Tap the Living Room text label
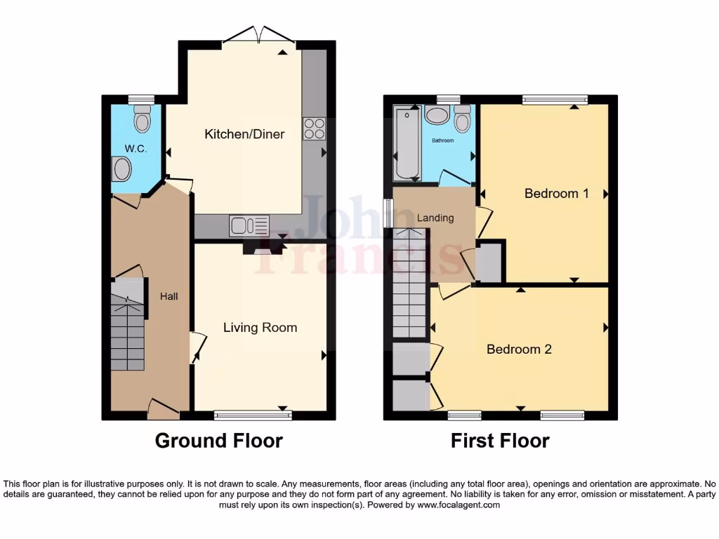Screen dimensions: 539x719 coord(260,328)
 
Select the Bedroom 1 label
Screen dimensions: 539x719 coord(556,193)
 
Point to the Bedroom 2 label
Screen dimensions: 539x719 coord(519,349)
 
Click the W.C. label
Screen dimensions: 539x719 coord(135,149)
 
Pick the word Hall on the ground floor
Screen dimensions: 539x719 coord(169,297)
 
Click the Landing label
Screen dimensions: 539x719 coord(435,218)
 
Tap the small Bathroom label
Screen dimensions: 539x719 coord(442,141)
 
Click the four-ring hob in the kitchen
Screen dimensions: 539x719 coord(314,128)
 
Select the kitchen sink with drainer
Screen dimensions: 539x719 coord(249,226)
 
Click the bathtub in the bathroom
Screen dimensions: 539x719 coord(406,143)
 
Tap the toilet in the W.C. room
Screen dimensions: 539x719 coord(143,119)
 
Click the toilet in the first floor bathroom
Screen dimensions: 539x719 coord(462,119)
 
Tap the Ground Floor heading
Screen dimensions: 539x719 coord(218,441)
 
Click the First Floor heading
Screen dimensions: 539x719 coord(500,441)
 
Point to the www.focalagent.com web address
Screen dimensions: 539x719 coord(458,505)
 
